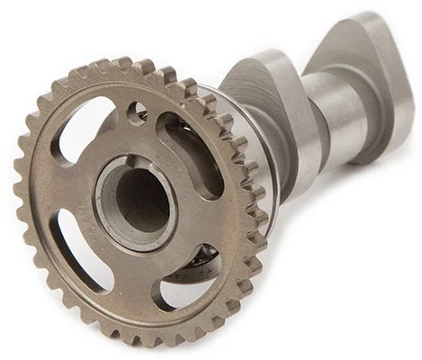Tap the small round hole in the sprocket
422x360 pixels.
pos(138,112)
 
